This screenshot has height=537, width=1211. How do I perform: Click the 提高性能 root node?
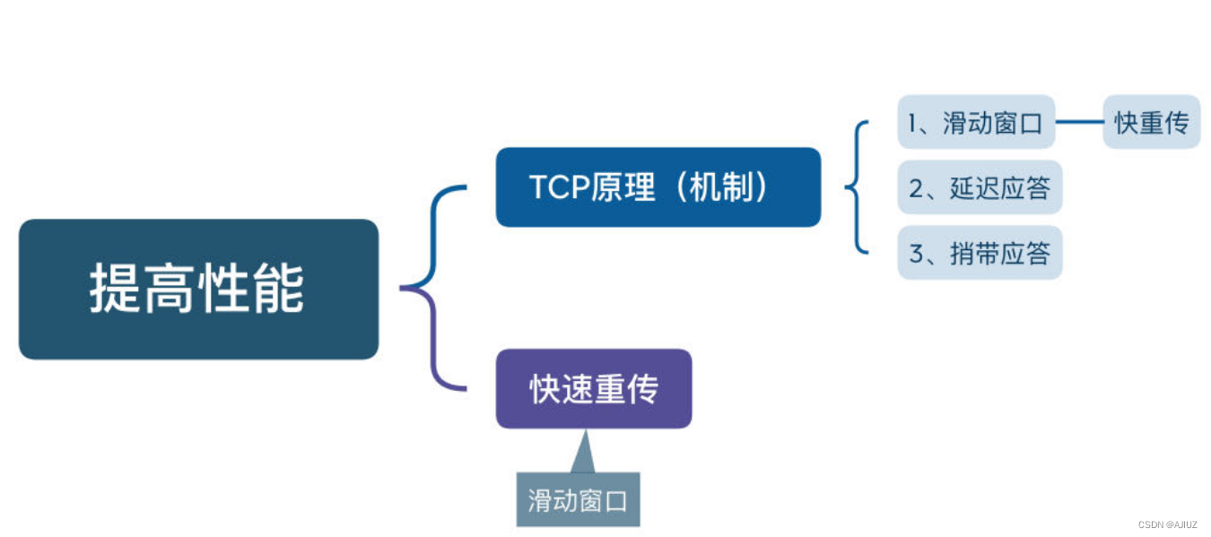(x=198, y=289)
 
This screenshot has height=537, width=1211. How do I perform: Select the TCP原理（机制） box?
(x=658, y=187)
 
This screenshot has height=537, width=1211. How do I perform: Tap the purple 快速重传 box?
(x=593, y=388)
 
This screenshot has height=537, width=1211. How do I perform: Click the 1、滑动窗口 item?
(x=976, y=123)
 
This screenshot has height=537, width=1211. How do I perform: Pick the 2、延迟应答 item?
(x=980, y=188)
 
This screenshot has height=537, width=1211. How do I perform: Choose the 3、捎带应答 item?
(x=980, y=254)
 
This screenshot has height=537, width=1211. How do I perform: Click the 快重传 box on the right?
(x=1151, y=123)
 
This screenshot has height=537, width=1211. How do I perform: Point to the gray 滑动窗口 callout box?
(x=578, y=500)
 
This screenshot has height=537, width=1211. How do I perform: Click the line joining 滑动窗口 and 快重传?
(x=1079, y=122)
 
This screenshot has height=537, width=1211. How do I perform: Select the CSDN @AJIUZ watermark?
(x=1167, y=524)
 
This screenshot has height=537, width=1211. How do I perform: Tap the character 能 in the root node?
(x=280, y=289)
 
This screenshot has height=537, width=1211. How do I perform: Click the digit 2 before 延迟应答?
(x=916, y=189)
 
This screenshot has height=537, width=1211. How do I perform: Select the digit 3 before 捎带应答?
(x=916, y=255)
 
